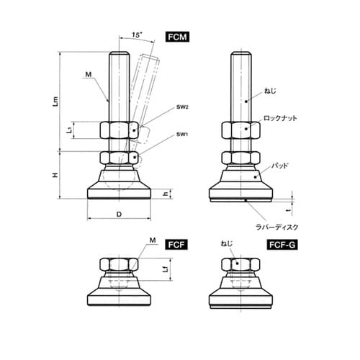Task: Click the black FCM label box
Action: (x=177, y=37)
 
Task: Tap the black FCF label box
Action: (x=176, y=245)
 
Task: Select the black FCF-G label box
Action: (x=282, y=245)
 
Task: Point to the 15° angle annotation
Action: (x=136, y=35)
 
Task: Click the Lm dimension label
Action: (x=55, y=101)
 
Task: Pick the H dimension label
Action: (x=55, y=175)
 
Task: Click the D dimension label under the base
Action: (x=119, y=215)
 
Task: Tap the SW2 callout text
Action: (x=182, y=107)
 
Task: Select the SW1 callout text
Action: (x=182, y=134)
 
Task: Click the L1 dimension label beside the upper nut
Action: (x=69, y=130)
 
